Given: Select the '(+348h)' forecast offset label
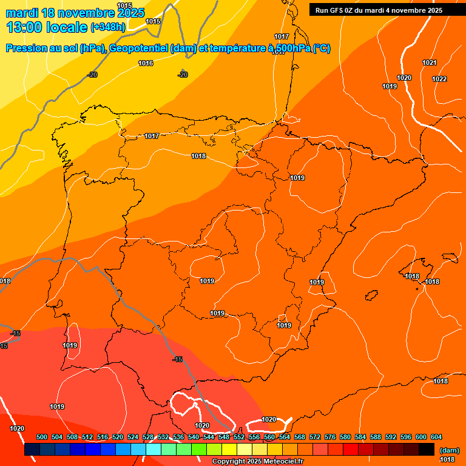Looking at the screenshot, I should click(x=108, y=27).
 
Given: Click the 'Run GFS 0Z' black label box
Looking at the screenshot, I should click(x=379, y=10).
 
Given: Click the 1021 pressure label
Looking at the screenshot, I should click(x=430, y=62).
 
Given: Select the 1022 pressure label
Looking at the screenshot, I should click(x=439, y=79).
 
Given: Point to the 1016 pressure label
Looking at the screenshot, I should click(x=146, y=63).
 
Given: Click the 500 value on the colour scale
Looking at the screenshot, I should click(x=42, y=437).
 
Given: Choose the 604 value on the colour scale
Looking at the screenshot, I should click(x=436, y=437).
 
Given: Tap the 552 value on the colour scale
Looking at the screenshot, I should click(x=239, y=437).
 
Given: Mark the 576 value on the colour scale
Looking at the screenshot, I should click(x=330, y=437).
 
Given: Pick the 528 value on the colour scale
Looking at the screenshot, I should click(x=148, y=437).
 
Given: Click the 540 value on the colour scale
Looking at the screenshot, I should click(x=194, y=437).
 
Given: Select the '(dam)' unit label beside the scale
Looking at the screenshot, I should click(x=449, y=450).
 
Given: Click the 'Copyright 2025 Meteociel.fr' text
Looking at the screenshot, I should click(x=257, y=461).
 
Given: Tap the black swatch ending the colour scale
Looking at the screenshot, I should click(x=427, y=450).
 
